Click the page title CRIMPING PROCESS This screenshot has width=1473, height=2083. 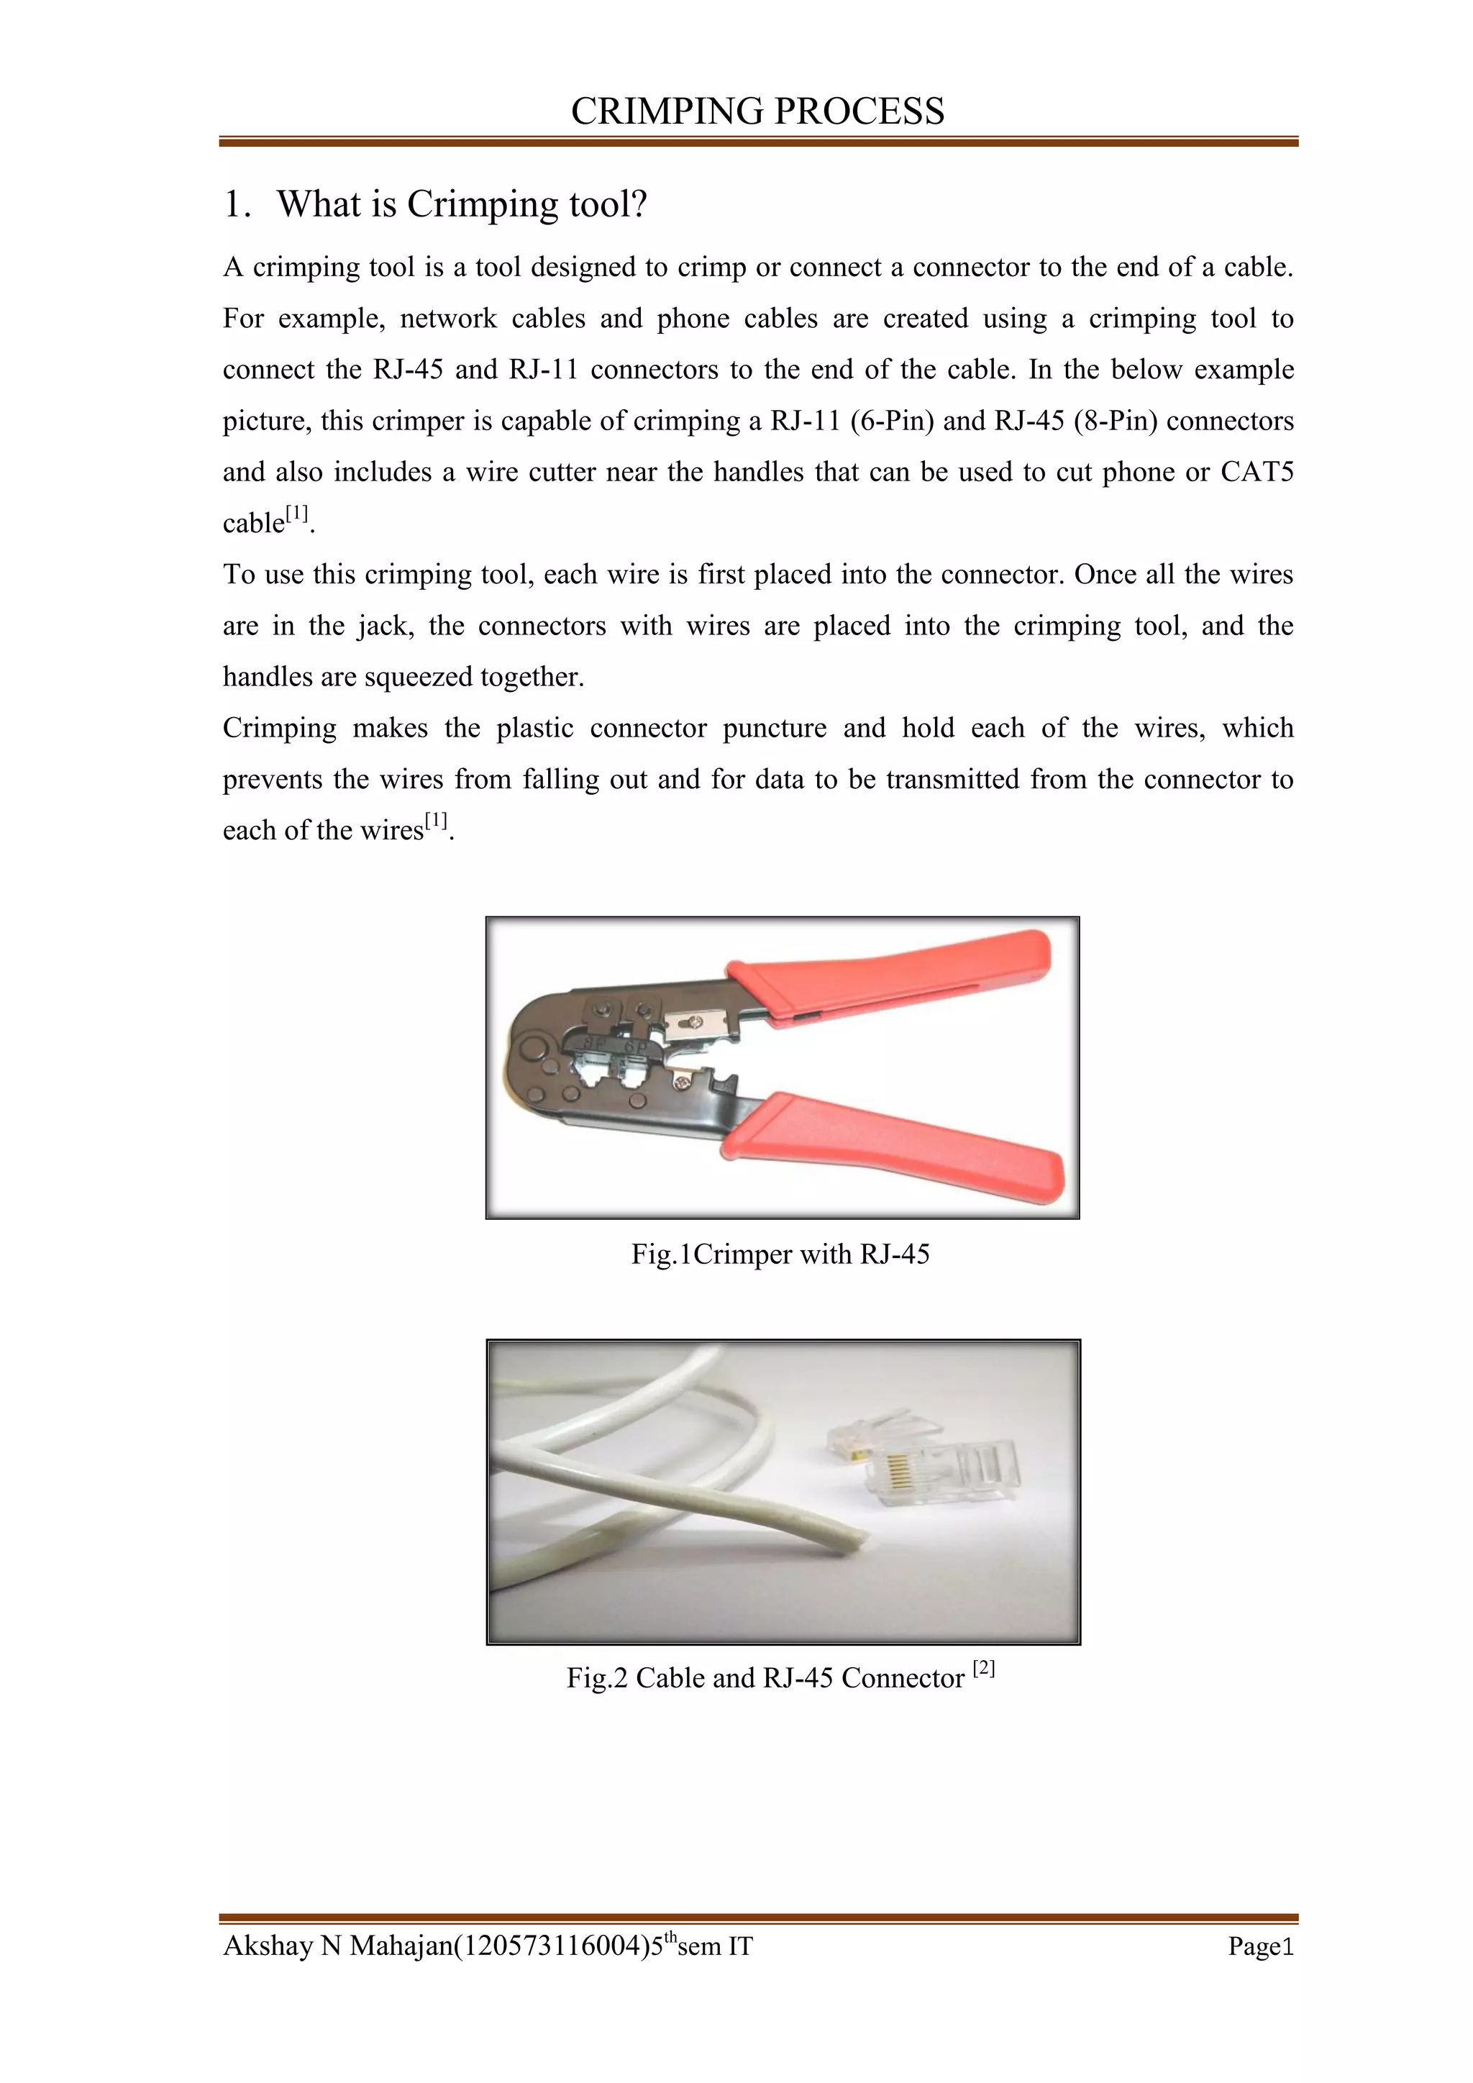pyautogui.click(x=757, y=111)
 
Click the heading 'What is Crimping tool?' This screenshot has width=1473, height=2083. pyautogui.click(x=462, y=204)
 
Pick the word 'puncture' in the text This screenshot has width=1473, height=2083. pyautogui.click(x=775, y=729)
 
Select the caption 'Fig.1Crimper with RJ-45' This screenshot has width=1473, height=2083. pyautogui.click(x=781, y=1254)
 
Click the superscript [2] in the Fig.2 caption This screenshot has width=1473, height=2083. pyautogui.click(x=984, y=1667)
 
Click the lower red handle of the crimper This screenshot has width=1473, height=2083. pyautogui.click(x=898, y=1139)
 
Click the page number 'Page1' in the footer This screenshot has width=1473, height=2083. pyautogui.click(x=1260, y=1946)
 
